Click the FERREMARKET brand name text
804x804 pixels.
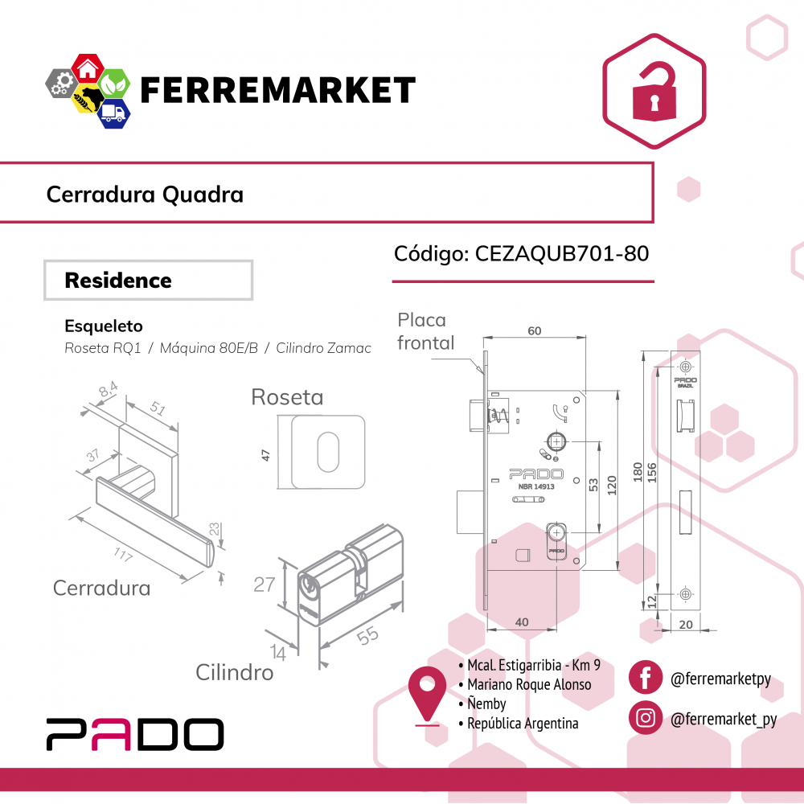pyautogui.click(x=277, y=90)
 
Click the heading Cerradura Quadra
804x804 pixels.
pyautogui.click(x=145, y=194)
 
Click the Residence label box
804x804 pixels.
pyautogui.click(x=148, y=281)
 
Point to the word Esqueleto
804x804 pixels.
pyautogui.click(x=104, y=326)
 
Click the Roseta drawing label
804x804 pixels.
pyautogui.click(x=287, y=397)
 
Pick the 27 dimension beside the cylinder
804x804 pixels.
pyautogui.click(x=265, y=585)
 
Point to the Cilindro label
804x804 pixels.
pyautogui.click(x=235, y=672)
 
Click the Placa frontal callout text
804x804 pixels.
pyautogui.click(x=425, y=331)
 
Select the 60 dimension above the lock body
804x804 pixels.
pyautogui.click(x=534, y=330)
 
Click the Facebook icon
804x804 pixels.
pyautogui.click(x=645, y=678)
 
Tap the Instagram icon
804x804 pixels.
pyautogui.click(x=645, y=718)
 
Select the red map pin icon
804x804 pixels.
pyautogui.click(x=427, y=693)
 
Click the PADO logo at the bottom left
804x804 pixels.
pyautogui.click(x=134, y=734)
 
